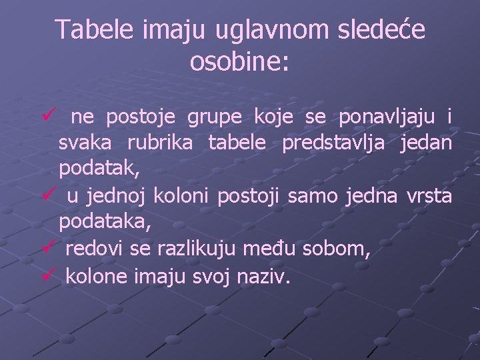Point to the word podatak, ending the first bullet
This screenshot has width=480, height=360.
pyautogui.click(x=99, y=170)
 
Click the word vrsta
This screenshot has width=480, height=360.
pyautogui.click(x=429, y=197)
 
